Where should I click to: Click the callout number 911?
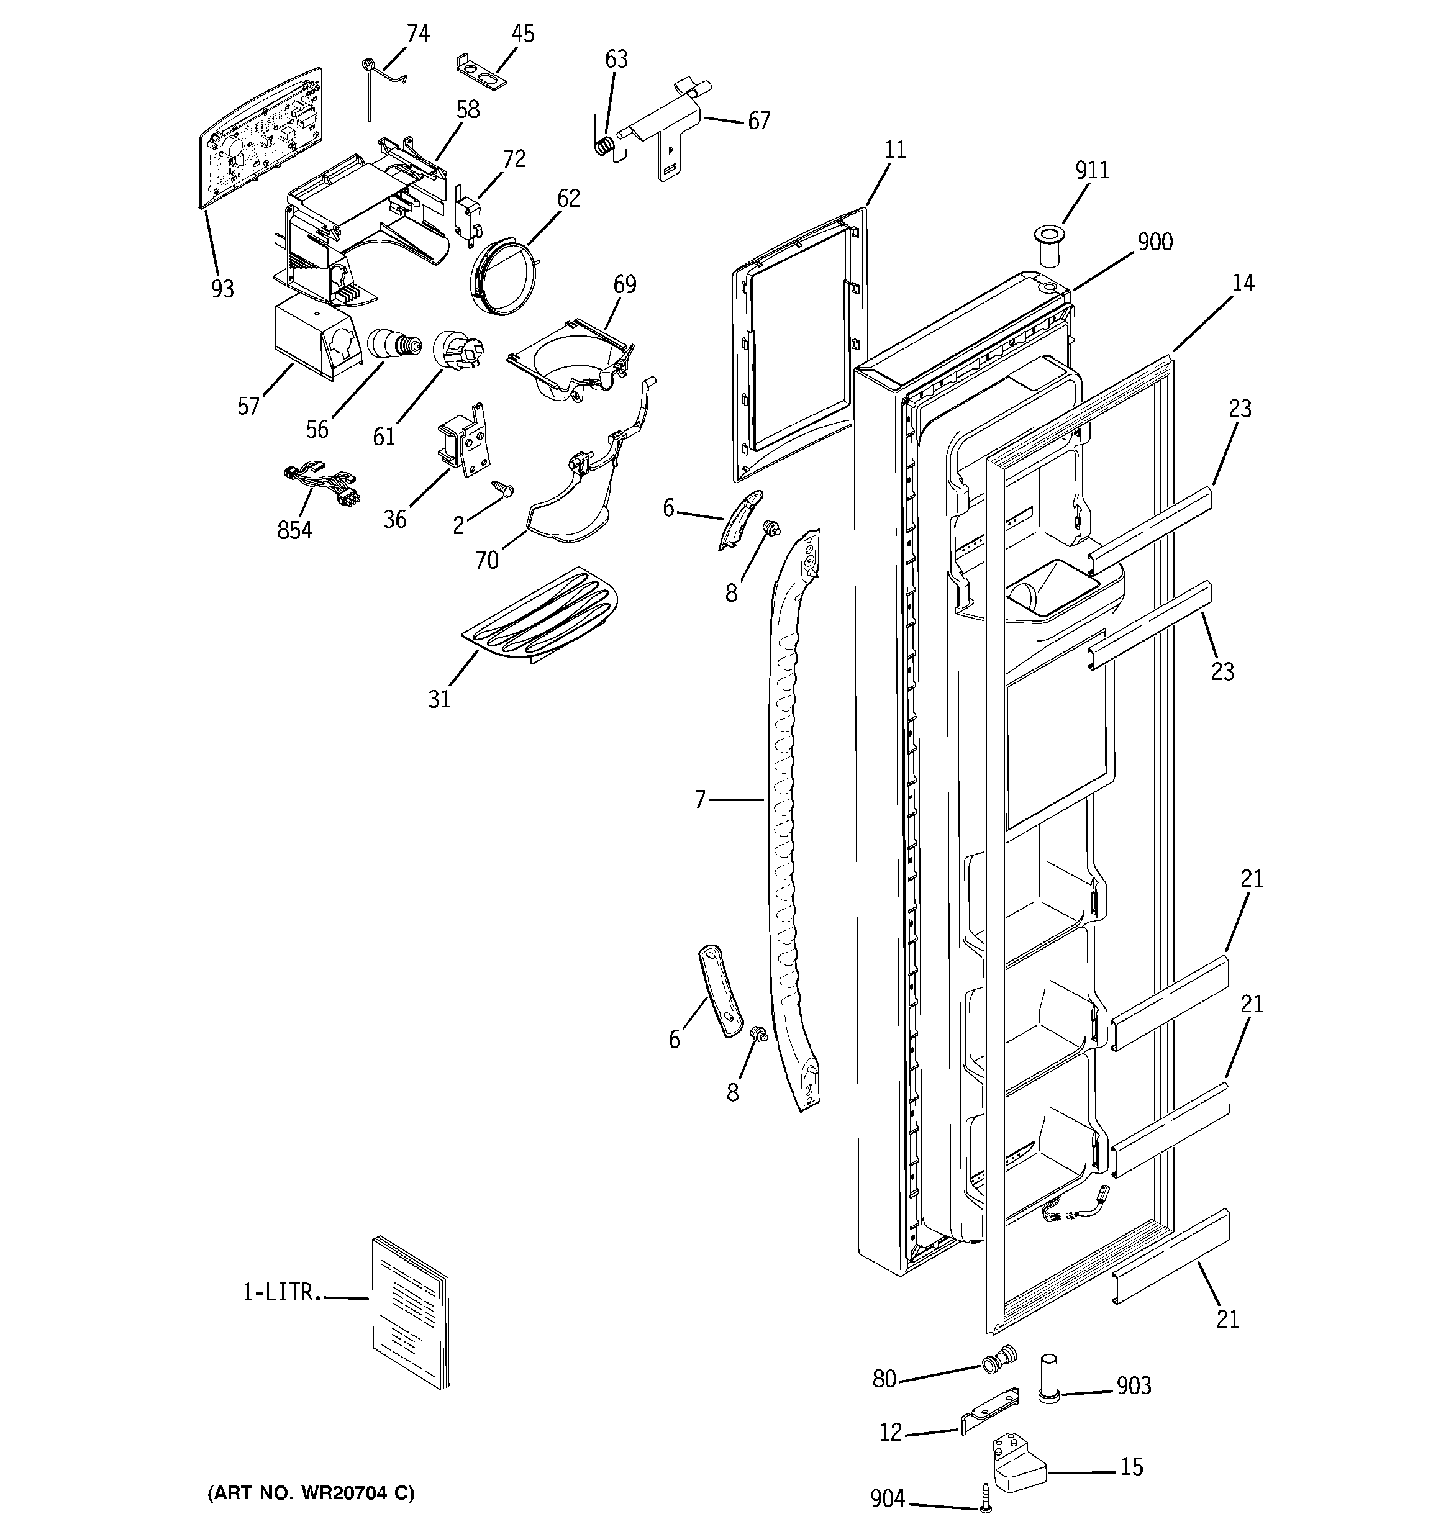pos(1091,170)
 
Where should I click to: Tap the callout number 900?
pos(1154,242)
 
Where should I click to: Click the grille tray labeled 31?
pos(540,615)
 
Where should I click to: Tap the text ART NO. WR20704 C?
pos(311,1493)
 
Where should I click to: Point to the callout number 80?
pos(883,1379)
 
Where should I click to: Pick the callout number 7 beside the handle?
pos(700,799)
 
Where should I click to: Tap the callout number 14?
pos(1242,284)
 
